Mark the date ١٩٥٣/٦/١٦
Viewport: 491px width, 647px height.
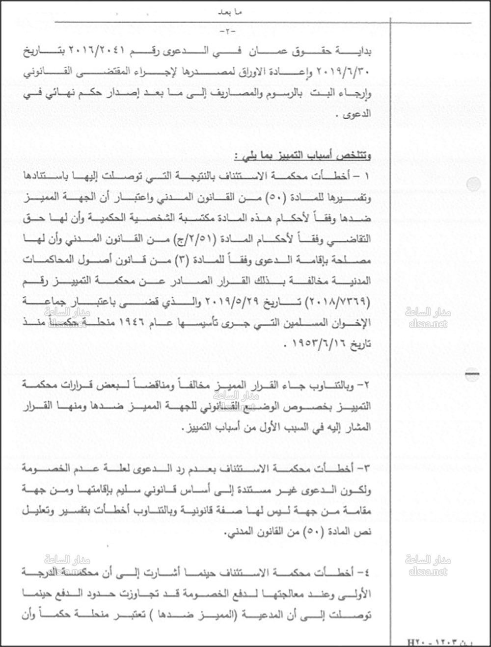point(315,343)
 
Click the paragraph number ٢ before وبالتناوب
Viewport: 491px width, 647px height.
point(366,386)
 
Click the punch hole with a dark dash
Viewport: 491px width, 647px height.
point(472,375)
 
